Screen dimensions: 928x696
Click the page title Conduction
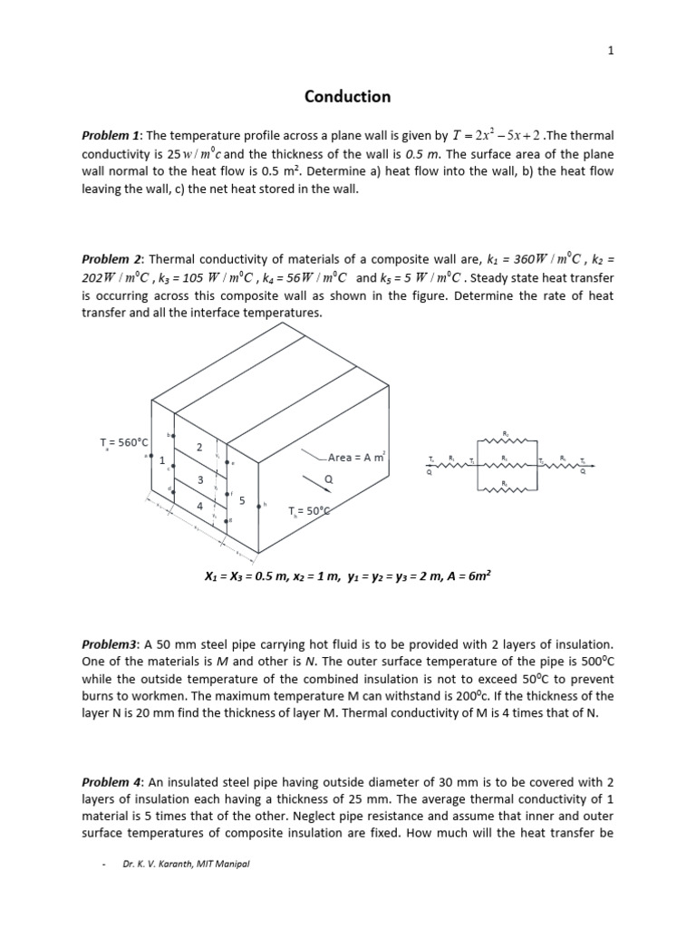348,96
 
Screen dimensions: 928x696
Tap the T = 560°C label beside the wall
123,442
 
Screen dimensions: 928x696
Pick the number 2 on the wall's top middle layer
198,447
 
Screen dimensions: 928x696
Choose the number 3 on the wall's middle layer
200,478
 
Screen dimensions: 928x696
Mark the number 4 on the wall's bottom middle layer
198,507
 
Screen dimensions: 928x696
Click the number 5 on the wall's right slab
242,499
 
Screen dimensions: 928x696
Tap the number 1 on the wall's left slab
162,460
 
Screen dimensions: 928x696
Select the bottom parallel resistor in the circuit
506,491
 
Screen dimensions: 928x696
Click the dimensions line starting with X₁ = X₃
348,575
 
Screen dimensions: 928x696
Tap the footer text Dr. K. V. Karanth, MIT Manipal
186,864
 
